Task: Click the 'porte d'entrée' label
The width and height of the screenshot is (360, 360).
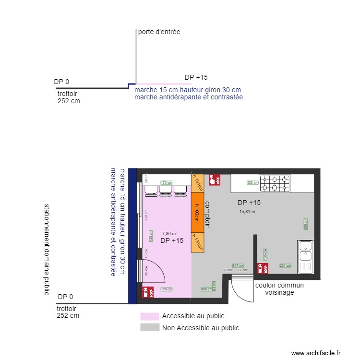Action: [159, 32]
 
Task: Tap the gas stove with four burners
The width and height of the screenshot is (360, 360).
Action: [275, 182]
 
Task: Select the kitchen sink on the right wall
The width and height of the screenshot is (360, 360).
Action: [305, 257]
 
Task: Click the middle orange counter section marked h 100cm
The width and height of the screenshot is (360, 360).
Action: [198, 213]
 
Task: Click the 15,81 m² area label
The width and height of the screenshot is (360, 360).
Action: [248, 211]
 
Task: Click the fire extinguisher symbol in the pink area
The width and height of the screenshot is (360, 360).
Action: [148, 291]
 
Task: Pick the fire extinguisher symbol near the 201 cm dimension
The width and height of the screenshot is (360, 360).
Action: [263, 268]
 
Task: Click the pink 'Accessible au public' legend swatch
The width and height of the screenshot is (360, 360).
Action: [149, 316]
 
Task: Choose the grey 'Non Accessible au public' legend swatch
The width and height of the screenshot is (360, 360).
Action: [149, 328]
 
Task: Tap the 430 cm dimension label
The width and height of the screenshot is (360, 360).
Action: [252, 183]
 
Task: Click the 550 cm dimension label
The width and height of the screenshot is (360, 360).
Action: [305, 224]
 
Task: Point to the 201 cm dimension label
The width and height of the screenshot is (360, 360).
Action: [285, 265]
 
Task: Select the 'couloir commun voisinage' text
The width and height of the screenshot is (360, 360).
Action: [279, 288]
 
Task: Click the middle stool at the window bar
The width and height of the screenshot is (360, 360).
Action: [166, 191]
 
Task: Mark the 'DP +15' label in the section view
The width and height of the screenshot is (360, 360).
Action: [196, 77]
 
